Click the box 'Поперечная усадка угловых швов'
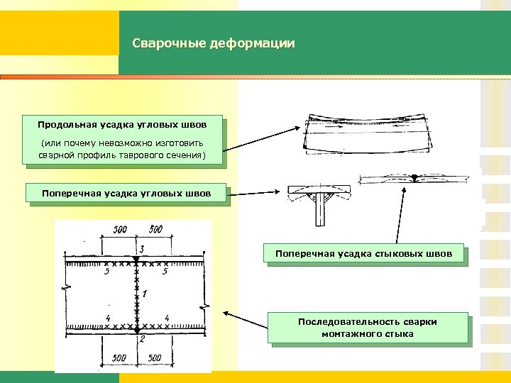click(x=126, y=193)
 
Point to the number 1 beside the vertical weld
click(x=145, y=293)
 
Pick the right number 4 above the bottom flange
click(x=167, y=318)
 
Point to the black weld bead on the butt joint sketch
click(x=412, y=175)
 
